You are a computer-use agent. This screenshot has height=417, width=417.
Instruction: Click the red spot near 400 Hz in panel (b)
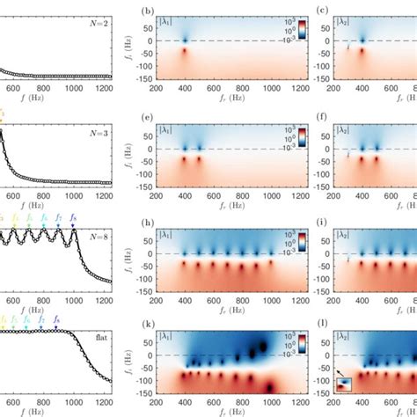click(186, 53)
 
